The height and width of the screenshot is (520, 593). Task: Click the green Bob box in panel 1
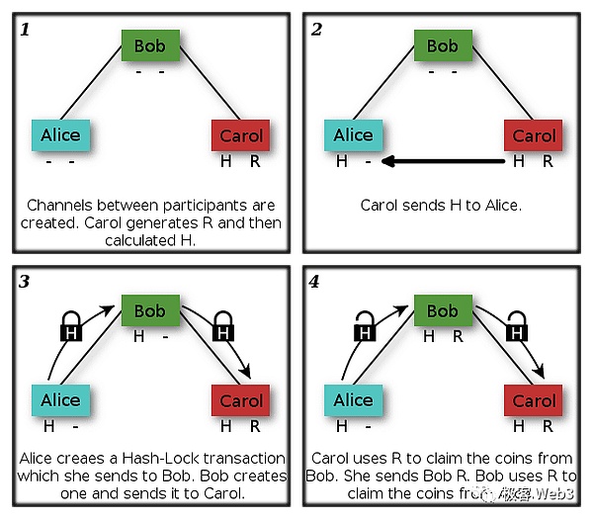click(150, 45)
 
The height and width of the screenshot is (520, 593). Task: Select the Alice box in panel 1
click(60, 135)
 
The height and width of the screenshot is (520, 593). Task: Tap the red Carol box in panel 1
click(241, 135)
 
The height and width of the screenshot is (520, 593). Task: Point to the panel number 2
click(316, 29)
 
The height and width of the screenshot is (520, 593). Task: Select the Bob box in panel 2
click(443, 45)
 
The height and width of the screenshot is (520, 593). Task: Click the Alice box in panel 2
click(353, 135)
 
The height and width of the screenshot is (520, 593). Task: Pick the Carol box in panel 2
click(534, 135)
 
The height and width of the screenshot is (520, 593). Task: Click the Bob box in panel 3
click(150, 310)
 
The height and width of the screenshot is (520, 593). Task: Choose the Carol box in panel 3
click(241, 400)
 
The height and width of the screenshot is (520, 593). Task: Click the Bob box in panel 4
click(443, 310)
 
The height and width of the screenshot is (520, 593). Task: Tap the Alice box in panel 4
click(353, 400)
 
